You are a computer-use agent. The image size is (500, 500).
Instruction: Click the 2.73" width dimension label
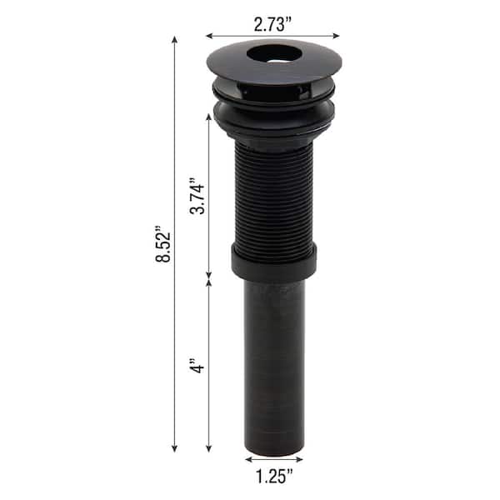272,24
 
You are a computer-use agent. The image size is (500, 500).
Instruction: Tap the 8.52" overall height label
163,244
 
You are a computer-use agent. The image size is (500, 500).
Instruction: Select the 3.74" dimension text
197,198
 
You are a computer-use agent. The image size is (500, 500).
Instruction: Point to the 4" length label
197,366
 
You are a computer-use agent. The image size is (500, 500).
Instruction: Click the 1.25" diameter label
274,477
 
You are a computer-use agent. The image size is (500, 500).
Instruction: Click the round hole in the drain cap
274,54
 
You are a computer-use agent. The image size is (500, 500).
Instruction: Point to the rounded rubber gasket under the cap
274,118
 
